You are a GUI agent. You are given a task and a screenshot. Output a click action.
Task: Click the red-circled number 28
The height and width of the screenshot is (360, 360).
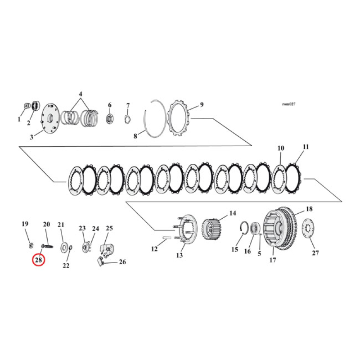coord(38,260)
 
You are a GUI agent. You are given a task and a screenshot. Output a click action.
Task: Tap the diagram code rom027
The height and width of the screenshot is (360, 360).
coord(288,104)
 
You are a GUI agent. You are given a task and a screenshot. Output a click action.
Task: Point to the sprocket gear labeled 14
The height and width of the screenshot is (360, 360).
coord(212,229)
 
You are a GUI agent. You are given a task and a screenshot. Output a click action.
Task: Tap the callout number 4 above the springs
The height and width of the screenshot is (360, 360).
coord(81,94)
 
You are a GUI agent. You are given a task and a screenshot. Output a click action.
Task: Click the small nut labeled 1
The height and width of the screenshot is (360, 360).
coord(26,106)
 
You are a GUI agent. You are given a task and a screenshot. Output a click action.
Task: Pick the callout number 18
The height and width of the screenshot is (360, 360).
coord(309,209)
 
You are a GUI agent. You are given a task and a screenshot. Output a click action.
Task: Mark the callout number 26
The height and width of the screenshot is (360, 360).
coord(122,262)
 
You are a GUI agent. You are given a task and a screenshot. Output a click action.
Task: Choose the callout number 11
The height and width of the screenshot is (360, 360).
coord(306,147)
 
